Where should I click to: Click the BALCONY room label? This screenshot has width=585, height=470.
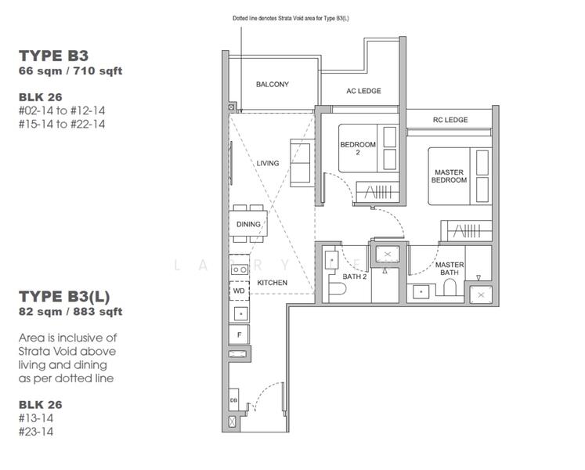point(272,85)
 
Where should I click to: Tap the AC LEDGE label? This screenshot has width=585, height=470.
point(363,91)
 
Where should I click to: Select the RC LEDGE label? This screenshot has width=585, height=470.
point(450,120)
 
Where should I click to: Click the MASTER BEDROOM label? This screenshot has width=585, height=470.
point(449,175)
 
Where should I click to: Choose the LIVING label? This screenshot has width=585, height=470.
point(268,163)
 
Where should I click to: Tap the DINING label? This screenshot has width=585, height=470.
point(248,225)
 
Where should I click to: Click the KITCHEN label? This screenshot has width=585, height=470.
point(272,283)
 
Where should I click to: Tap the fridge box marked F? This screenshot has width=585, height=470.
point(239,334)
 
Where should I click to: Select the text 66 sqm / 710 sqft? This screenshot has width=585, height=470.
point(70,71)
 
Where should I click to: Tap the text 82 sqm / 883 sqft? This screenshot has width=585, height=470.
point(70,311)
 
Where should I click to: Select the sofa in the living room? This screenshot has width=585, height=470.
point(299,163)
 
